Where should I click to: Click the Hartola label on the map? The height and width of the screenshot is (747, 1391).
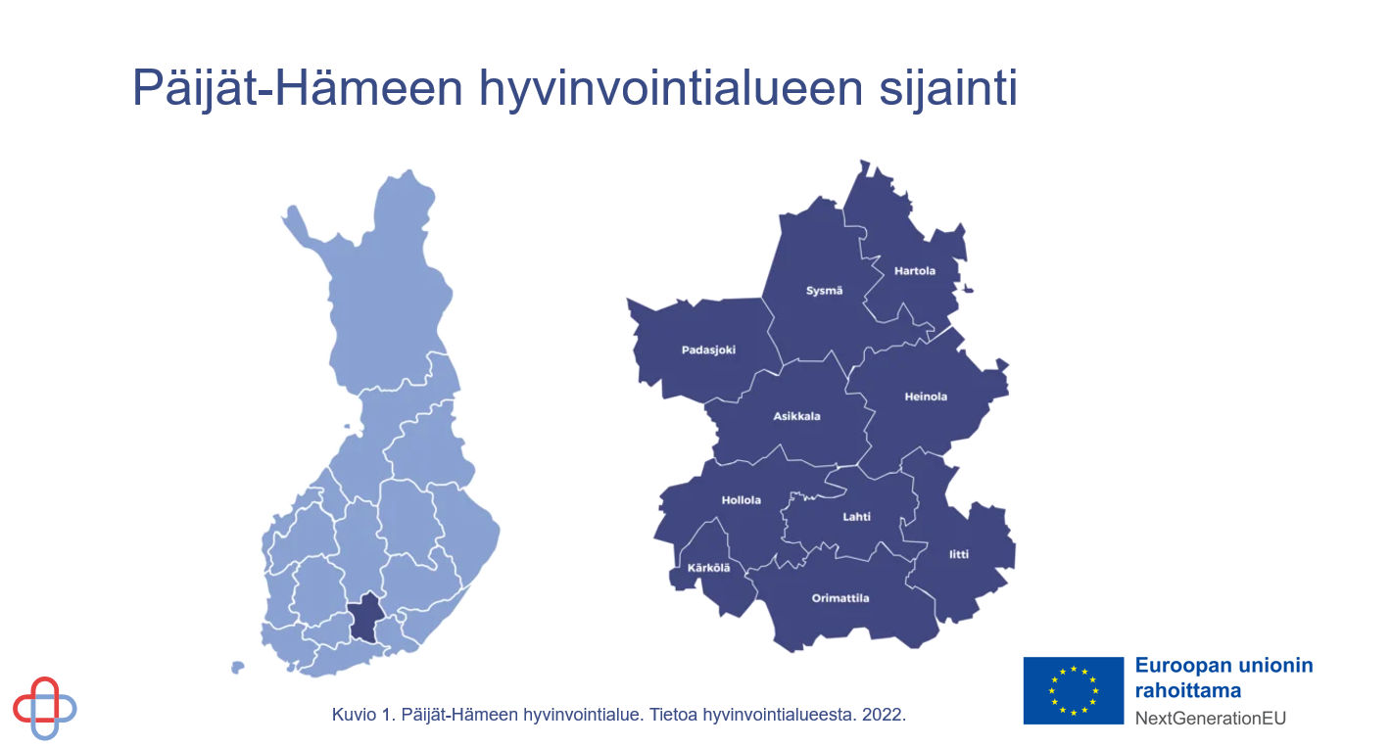click(915, 270)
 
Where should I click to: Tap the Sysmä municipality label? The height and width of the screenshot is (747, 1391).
click(824, 291)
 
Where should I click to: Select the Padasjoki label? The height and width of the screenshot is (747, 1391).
click(708, 350)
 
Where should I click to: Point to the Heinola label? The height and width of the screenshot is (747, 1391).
click(926, 397)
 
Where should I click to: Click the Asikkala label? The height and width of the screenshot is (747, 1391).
click(796, 416)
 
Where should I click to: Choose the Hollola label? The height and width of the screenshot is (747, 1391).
click(742, 500)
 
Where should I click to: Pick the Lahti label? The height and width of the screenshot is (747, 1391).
click(856, 517)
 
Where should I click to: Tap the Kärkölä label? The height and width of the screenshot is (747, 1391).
click(708, 568)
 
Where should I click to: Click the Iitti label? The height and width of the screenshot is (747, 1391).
click(959, 555)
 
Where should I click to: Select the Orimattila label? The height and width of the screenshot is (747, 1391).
click(840, 598)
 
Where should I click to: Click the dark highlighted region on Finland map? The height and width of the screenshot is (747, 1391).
click(366, 618)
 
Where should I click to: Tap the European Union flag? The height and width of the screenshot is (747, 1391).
click(1073, 690)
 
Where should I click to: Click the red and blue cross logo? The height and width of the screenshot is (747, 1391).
click(45, 708)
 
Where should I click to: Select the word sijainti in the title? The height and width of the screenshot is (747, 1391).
click(948, 89)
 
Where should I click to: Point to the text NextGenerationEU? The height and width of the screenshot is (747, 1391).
click(1211, 719)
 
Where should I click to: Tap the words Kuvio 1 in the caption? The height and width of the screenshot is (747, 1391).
click(363, 715)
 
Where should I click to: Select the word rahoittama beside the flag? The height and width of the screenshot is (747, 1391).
click(1188, 690)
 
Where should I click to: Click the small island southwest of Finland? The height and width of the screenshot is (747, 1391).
click(237, 668)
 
